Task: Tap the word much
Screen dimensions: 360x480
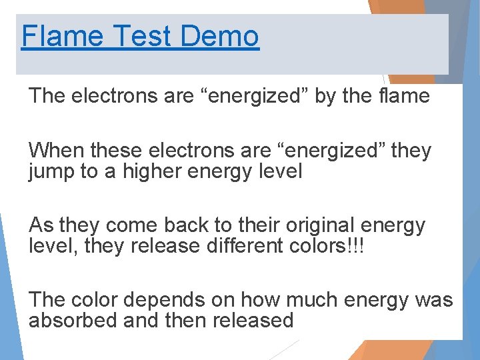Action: [309, 300]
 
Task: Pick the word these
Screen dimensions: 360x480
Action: [114, 151]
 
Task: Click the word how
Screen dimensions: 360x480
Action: [259, 300]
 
